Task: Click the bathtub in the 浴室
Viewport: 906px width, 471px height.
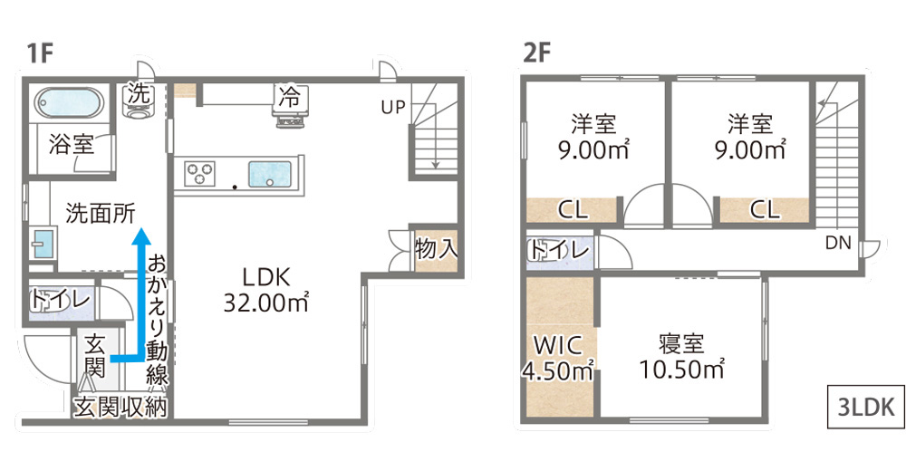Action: click(x=69, y=103)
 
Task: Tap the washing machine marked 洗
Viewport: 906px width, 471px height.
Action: click(x=138, y=101)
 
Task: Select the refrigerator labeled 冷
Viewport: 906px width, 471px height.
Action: click(x=290, y=105)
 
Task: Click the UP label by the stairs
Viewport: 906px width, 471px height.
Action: click(x=393, y=108)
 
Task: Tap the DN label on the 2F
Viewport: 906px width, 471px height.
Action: click(x=838, y=244)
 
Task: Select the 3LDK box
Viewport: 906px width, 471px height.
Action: click(x=865, y=407)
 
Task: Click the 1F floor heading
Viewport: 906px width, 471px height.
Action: click(x=41, y=53)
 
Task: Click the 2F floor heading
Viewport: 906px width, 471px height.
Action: click(x=536, y=53)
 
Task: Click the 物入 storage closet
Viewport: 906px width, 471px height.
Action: click(x=437, y=250)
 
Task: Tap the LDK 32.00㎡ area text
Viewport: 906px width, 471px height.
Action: click(x=265, y=290)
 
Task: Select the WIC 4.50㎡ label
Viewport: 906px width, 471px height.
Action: click(x=558, y=358)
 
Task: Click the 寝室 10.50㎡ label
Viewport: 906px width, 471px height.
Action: click(x=682, y=357)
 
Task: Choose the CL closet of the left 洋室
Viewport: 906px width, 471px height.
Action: click(x=572, y=210)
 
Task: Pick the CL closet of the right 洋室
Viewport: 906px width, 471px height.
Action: click(x=764, y=210)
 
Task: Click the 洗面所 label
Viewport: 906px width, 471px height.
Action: click(x=100, y=213)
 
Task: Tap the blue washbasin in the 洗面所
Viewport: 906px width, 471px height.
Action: click(x=43, y=244)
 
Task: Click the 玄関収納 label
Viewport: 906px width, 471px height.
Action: click(x=120, y=408)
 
